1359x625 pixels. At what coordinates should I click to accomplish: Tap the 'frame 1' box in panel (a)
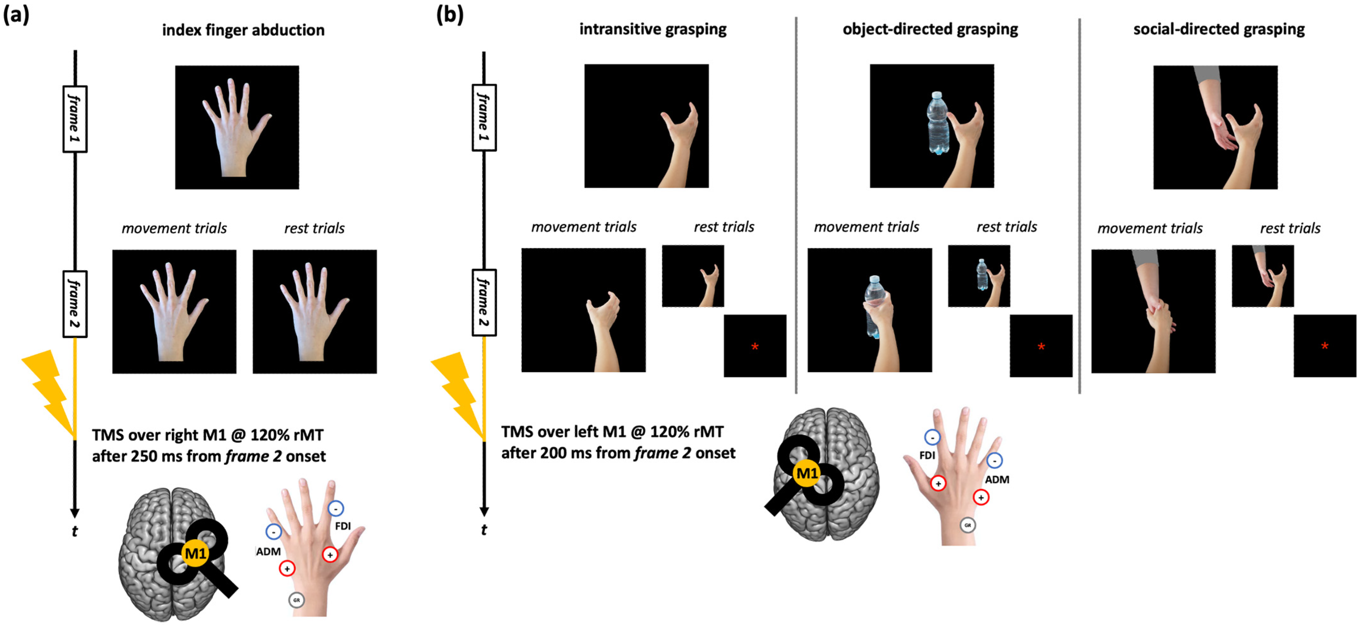pos(75,119)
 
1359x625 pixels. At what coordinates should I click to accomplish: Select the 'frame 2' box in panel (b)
pos(484,303)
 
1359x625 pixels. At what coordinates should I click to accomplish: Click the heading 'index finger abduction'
pos(243,30)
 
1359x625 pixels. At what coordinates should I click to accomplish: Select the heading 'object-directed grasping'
pos(930,29)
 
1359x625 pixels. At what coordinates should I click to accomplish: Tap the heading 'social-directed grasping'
pos(1219,29)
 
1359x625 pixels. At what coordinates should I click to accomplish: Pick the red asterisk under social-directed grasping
pos(1324,346)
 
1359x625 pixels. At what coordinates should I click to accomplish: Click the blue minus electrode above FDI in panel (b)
pos(932,437)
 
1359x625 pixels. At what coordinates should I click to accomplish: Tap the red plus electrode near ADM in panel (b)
pos(981,497)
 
